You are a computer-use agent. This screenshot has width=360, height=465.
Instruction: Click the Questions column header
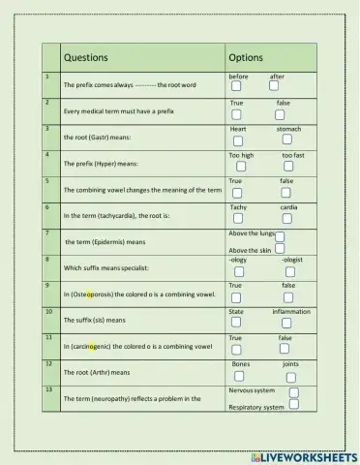click(85, 58)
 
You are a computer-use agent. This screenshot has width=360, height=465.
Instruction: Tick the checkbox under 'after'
click(276, 87)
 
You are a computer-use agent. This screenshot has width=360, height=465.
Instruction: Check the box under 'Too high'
click(239, 167)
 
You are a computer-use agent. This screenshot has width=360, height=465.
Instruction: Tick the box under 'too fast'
click(291, 167)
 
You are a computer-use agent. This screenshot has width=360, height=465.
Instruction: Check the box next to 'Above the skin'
click(279, 250)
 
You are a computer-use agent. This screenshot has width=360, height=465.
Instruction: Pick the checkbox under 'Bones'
click(239, 376)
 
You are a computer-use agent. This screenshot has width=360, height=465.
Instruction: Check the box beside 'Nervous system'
click(294, 391)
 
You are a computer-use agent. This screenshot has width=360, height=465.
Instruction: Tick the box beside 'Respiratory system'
click(293, 406)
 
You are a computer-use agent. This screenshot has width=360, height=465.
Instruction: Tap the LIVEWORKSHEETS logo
click(303, 455)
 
